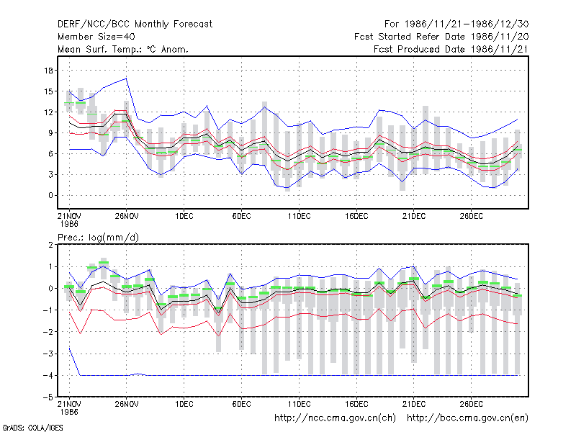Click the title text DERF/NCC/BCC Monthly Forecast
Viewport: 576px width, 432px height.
click(135, 24)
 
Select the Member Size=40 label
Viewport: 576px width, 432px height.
click(96, 37)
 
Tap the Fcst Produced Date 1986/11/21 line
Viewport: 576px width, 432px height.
click(451, 49)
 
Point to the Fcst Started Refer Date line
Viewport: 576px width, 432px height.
click(441, 37)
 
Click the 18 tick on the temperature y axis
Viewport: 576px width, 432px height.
click(48, 71)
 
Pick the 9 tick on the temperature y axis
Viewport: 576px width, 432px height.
click(50, 133)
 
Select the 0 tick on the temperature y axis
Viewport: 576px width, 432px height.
click(50, 195)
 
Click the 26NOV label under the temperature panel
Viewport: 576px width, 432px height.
click(127, 216)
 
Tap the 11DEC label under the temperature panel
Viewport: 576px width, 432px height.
click(299, 216)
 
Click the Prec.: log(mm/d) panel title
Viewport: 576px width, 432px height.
click(99, 238)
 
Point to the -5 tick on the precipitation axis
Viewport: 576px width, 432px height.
click(48, 397)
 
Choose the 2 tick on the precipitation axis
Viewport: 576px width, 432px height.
click(50, 245)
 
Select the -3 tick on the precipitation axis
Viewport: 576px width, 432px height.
click(48, 354)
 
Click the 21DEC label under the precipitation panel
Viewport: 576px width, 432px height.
click(414, 404)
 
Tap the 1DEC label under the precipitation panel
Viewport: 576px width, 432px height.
click(184, 404)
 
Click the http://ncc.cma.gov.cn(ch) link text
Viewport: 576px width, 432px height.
click(335, 418)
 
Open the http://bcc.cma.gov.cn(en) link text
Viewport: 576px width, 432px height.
click(467, 418)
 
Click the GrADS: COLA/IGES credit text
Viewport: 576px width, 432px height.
click(32, 428)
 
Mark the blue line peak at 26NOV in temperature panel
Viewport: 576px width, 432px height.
click(127, 78)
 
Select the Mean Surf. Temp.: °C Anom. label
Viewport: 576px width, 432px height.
click(123, 49)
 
